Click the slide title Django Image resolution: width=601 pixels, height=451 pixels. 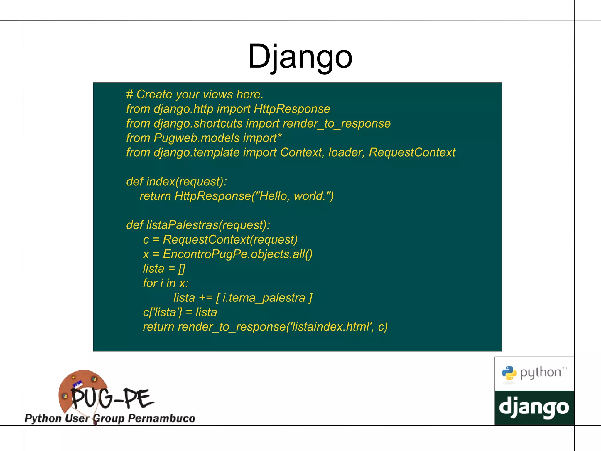[300, 56]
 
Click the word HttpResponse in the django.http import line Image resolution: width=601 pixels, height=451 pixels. [292, 109]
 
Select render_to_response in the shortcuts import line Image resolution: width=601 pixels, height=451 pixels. [336, 124]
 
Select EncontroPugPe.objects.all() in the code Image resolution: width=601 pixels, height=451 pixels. [237, 254]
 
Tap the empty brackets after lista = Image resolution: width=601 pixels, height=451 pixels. [182, 269]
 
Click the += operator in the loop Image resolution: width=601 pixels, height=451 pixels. [205, 298]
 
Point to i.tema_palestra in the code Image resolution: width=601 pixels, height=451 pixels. [264, 298]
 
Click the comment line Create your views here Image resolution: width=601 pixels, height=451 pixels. [195, 95]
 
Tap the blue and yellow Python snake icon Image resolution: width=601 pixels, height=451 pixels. [509, 373]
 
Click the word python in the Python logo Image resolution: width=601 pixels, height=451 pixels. [541, 373]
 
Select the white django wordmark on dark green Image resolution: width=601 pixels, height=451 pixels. [534, 408]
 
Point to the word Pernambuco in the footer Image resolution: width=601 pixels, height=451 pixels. [161, 418]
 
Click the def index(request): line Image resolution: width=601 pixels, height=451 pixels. [176, 182]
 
